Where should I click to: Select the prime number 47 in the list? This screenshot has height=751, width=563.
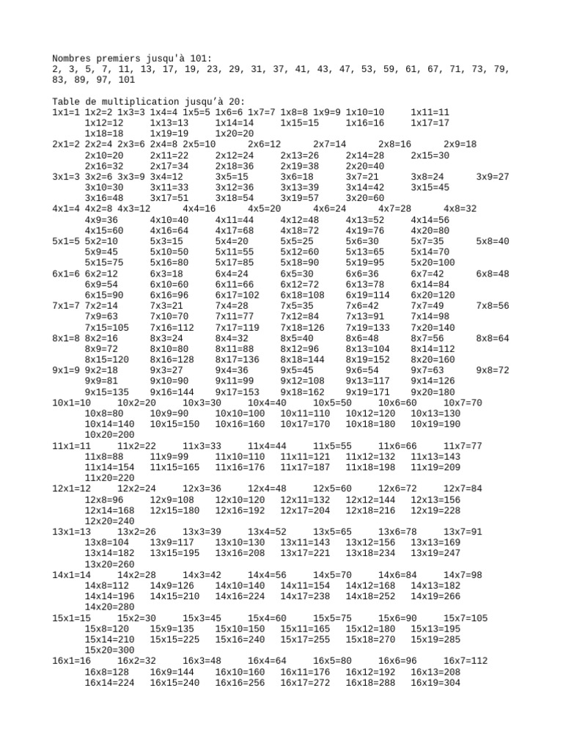342,69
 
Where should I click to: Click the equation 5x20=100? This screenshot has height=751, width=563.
433,262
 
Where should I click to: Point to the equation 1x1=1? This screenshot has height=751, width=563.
66,112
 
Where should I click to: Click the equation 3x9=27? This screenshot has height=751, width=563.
492,177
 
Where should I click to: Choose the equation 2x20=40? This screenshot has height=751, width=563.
364,166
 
